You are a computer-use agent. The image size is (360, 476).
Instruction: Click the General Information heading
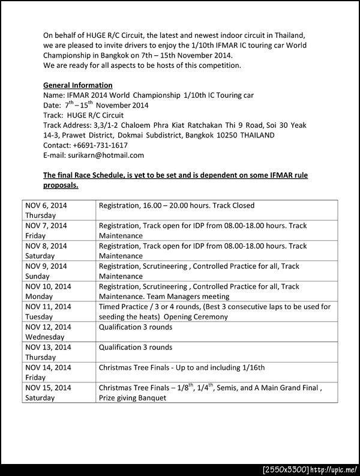pos(78,85)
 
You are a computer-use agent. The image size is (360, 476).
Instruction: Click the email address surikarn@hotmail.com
pos(106,155)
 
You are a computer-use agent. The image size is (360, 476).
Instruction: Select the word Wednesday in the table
pos(45,337)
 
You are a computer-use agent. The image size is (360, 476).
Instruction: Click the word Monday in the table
pos(40,297)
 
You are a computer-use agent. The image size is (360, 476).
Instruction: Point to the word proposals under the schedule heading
pos(61,185)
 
